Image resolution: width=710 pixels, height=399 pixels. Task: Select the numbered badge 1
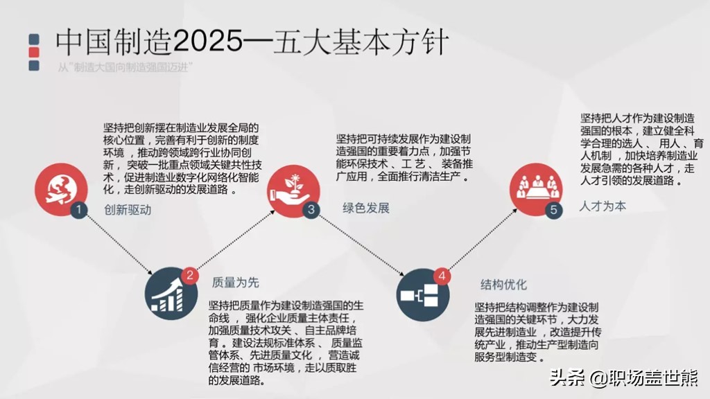point(80,209)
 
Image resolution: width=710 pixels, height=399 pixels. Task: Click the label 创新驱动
point(128,210)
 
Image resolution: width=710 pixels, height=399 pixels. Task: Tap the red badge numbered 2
point(189,276)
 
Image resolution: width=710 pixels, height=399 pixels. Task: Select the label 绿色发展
point(366,208)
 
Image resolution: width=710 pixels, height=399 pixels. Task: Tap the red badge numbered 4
point(442,276)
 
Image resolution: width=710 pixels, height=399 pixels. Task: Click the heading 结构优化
point(504,284)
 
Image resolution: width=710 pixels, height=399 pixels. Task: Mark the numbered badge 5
point(553,210)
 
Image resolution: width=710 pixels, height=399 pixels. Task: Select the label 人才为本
point(603,206)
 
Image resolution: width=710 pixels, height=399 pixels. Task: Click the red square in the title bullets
point(33,52)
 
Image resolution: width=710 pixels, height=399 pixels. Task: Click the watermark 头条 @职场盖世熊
point(624,378)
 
